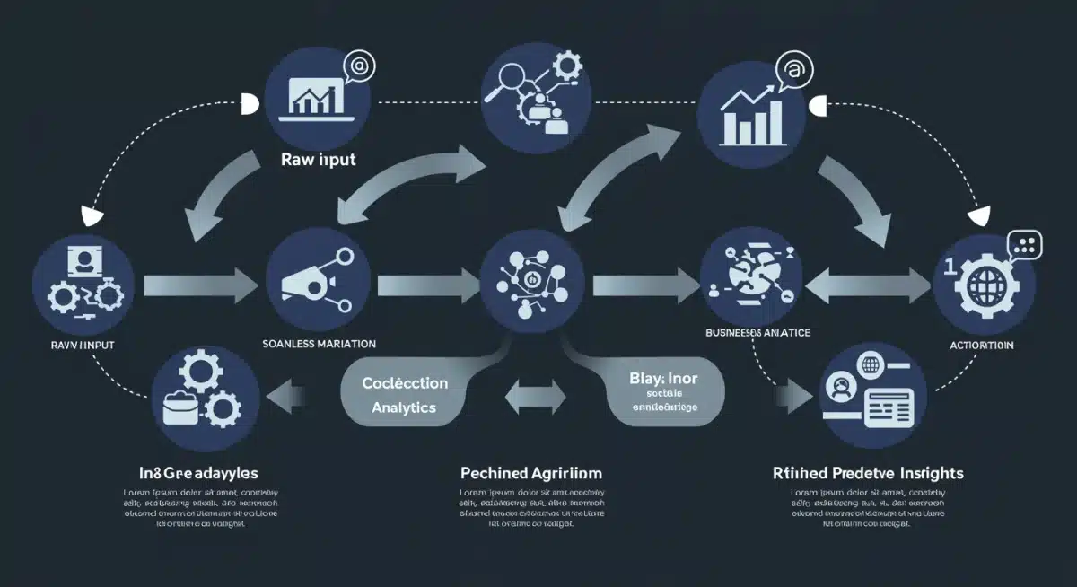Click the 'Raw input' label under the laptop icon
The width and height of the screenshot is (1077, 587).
click(318, 160)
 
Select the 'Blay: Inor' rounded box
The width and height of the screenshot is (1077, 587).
click(663, 393)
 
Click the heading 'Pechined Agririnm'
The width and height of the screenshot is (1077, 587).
click(530, 472)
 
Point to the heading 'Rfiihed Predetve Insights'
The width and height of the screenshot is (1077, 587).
click(867, 472)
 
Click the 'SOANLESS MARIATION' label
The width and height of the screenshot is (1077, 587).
click(319, 344)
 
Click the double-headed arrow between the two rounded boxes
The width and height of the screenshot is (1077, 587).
click(536, 396)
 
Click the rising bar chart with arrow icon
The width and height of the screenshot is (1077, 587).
click(752, 110)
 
